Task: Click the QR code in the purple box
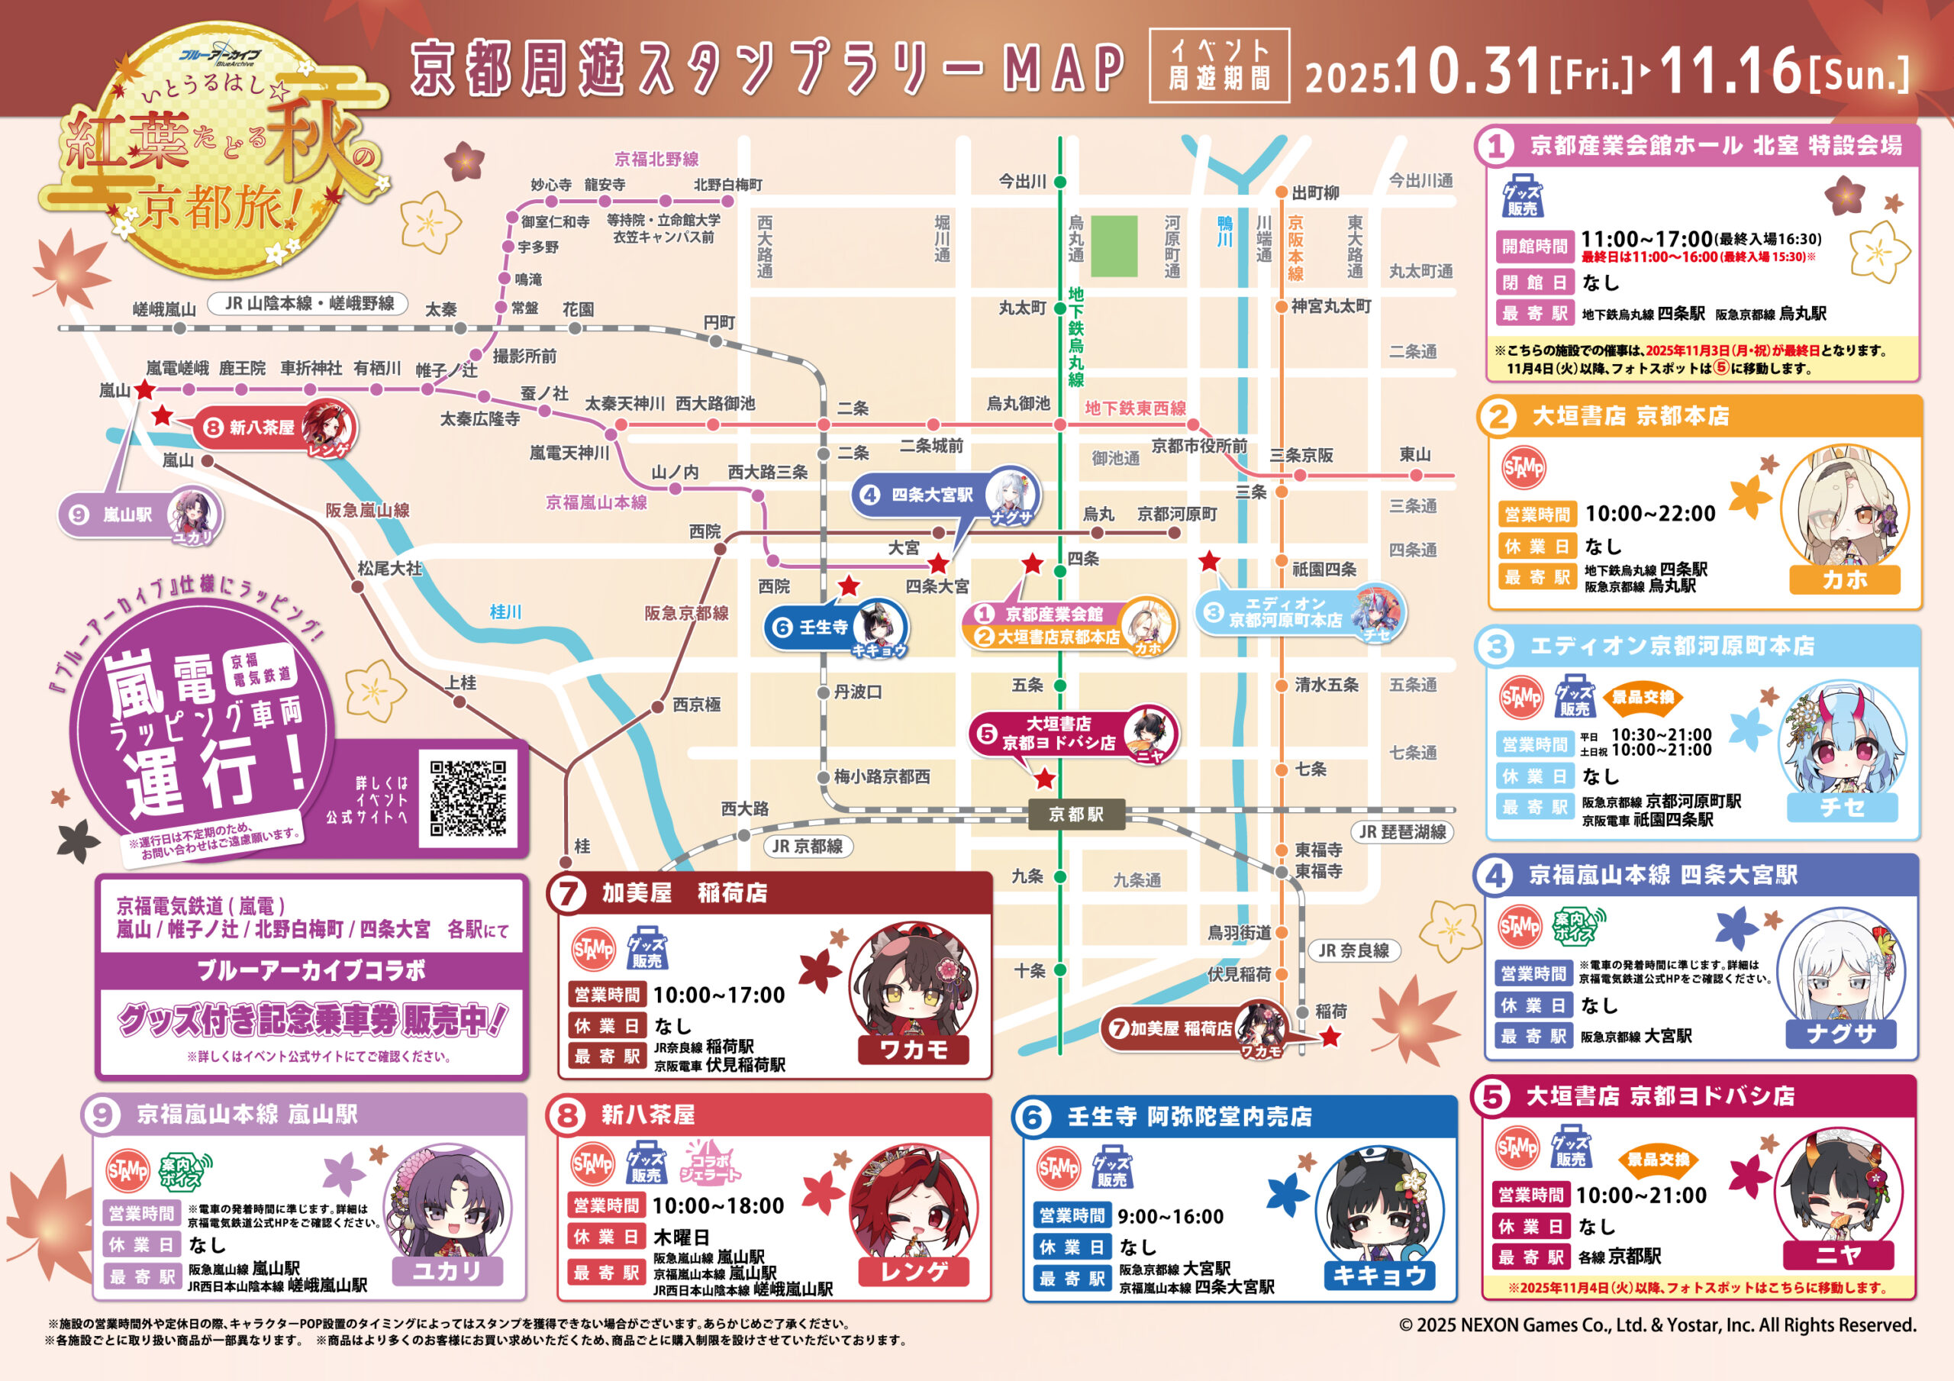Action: pos(467,798)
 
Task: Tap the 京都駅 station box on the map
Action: pos(1075,814)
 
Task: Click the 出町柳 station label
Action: pos(1315,193)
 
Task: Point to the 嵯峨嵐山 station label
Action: pos(164,309)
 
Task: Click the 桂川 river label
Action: pos(505,611)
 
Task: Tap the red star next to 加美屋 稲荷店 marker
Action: pos(1330,1037)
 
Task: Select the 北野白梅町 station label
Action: pos(727,185)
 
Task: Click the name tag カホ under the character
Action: pos(1844,579)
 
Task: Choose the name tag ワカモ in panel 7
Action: pos(913,1049)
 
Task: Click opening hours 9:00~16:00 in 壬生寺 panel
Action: pos(1170,1217)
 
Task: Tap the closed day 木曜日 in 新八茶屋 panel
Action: pos(681,1236)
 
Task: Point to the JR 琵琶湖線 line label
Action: pos(1401,832)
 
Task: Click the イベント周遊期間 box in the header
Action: pos(1219,66)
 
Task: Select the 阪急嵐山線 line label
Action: pos(367,510)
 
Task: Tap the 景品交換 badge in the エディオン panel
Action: pos(1643,697)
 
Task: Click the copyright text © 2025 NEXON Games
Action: pos(1657,1325)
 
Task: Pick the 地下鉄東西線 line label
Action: pos(1134,408)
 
